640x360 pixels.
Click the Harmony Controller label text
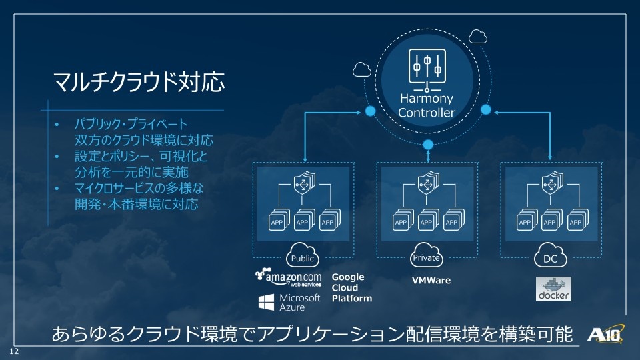tap(427, 105)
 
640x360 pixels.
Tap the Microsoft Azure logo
tap(289, 303)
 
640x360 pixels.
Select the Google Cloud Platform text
tap(352, 288)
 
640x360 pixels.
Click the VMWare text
tap(431, 281)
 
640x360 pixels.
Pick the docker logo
tap(553, 289)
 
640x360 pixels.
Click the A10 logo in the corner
tap(606, 334)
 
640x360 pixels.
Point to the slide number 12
tap(14, 351)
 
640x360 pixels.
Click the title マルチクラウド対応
tap(139, 81)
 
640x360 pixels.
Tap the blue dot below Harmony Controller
tap(428, 145)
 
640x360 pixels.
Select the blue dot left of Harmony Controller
tap(370, 111)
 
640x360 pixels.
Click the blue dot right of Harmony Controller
tap(486, 109)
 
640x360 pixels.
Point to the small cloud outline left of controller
tap(362, 70)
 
